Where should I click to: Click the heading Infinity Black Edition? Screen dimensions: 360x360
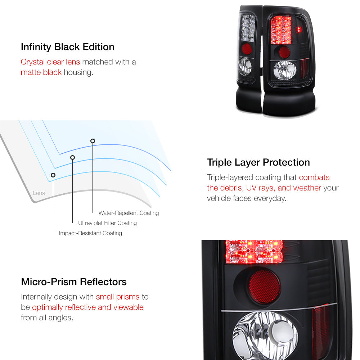[68, 47]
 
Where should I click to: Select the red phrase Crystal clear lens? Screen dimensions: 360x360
[50, 62]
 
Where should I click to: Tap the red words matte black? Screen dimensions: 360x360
[41, 72]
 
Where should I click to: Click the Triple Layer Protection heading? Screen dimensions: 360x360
[258, 162]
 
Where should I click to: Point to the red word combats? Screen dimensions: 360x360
[314, 177]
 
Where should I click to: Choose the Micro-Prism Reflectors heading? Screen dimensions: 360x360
[74, 282]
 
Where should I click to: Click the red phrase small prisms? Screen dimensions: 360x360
[118, 297]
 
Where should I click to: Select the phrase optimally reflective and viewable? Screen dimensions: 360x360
[88, 307]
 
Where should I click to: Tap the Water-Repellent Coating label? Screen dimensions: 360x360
[129, 213]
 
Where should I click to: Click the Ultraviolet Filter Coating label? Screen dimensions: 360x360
[107, 223]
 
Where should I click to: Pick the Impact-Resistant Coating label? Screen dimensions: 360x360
[90, 233]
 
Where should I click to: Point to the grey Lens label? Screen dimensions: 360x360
[39, 193]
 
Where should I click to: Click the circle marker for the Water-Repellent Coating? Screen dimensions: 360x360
[93, 141]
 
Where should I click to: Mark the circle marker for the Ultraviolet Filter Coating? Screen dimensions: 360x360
[73, 158]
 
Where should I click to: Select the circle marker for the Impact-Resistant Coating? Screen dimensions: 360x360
[53, 175]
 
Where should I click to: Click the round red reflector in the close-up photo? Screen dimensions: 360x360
[265, 287]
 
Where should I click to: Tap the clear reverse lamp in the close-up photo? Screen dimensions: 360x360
[265, 335]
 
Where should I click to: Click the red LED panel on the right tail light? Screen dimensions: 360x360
[281, 30]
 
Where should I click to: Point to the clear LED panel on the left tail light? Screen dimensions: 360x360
[248, 28]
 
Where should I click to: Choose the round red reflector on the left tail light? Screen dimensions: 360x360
[247, 49]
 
